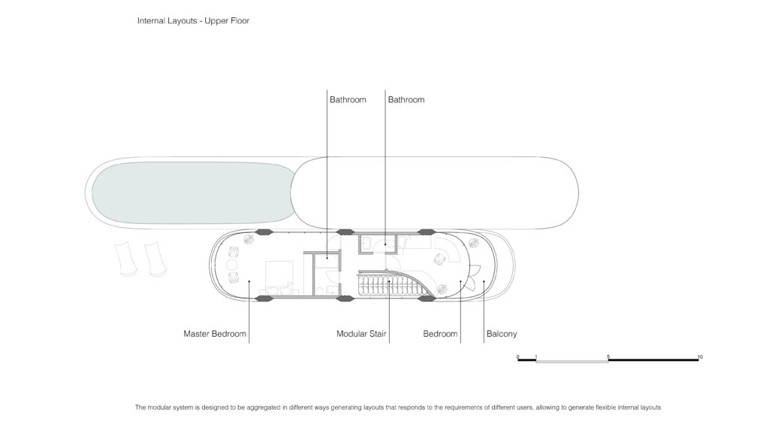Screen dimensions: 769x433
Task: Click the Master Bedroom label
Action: point(215,334)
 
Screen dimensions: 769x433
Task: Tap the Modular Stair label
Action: point(361,334)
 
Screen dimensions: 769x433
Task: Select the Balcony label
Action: point(502,334)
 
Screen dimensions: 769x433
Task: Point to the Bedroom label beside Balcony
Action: point(440,334)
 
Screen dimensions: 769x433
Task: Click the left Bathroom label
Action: point(348,100)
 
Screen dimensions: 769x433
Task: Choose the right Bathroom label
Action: point(406,100)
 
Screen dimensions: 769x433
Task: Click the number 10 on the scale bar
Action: point(700,357)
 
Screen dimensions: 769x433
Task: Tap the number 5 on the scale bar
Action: point(608,357)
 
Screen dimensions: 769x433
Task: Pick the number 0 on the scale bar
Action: point(518,357)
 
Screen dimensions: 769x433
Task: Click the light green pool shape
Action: point(193,193)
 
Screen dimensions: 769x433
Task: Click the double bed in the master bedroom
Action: point(279,278)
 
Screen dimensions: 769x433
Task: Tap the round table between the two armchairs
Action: point(231,265)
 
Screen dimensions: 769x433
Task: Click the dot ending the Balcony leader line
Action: point(484,281)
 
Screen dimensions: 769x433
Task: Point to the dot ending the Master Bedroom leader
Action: point(249,281)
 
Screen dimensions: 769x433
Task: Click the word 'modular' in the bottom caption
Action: point(161,407)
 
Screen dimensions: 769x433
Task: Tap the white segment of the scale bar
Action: point(572,361)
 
